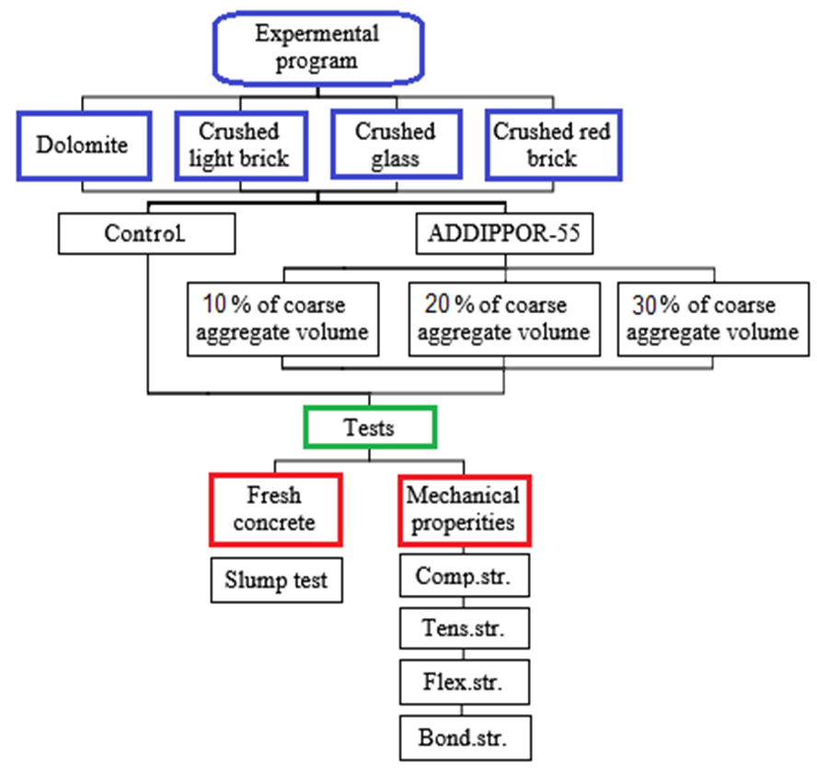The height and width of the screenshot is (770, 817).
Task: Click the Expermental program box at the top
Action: click(316, 48)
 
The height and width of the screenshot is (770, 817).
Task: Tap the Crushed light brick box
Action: click(239, 145)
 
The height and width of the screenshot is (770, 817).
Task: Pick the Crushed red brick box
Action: click(551, 145)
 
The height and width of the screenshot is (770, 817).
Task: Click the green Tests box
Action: click(369, 427)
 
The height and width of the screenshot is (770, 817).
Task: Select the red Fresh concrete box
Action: click(275, 509)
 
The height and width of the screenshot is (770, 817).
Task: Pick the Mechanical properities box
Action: click(464, 509)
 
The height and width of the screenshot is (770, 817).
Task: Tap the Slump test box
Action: click(276, 580)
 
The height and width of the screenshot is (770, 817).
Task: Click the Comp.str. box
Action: click(464, 577)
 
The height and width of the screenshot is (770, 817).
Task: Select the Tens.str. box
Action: click(464, 630)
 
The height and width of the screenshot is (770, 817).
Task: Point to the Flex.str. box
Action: click(464, 684)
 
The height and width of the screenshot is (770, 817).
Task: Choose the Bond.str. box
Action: click(464, 738)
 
